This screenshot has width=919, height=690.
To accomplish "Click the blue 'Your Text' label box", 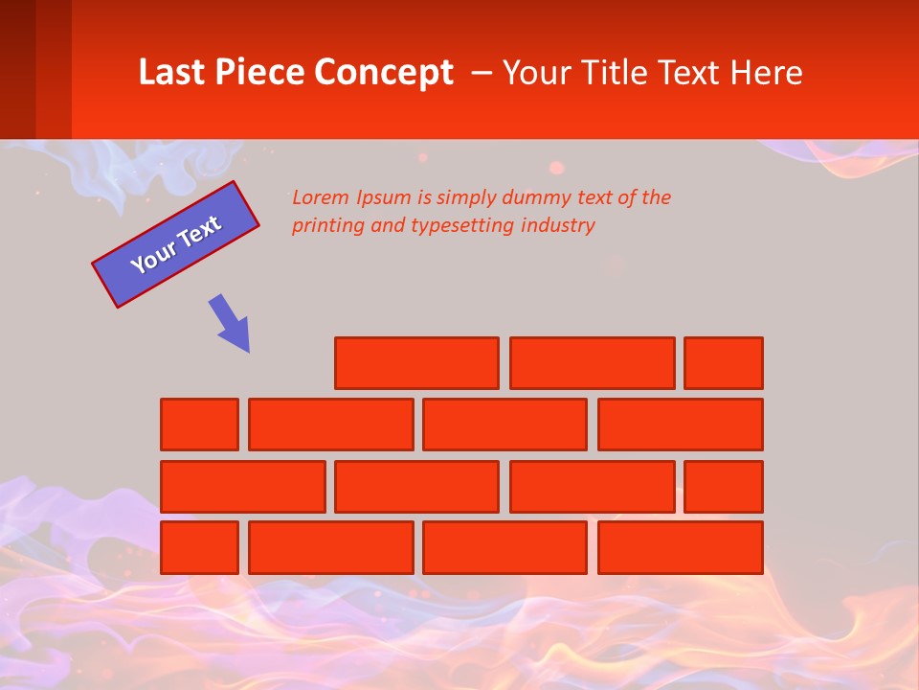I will pos(175,244).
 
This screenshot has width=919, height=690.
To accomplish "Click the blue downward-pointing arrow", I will pos(231,323).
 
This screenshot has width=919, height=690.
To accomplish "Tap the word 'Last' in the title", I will pos(172,72).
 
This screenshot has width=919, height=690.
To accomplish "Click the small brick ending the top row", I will pos(724,363).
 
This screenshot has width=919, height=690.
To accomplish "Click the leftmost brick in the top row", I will pos(416,363).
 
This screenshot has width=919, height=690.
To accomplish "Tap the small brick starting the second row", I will pos(199,425).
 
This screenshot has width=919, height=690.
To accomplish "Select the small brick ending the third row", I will pos(724,487).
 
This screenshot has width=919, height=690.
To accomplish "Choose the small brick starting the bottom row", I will pos(199,548).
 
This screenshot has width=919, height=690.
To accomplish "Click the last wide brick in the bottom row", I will pos(681,548).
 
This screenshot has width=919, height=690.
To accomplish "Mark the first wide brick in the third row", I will pos(242,487).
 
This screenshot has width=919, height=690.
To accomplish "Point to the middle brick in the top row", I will pos(592,363).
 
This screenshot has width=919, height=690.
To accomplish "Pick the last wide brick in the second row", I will pos(681,425).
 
